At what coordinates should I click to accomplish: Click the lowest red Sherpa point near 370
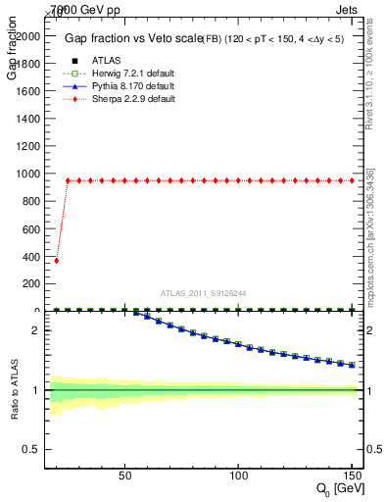[x=56, y=261]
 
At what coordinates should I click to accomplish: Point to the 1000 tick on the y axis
[x=45, y=174]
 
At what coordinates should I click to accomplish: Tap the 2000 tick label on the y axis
[x=26, y=35]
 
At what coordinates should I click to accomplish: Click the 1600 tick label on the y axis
[x=26, y=90]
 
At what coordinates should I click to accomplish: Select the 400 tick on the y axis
[x=45, y=256]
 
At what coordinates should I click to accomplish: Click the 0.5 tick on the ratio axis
[x=45, y=449]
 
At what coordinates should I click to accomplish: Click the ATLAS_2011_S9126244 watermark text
[x=203, y=293]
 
